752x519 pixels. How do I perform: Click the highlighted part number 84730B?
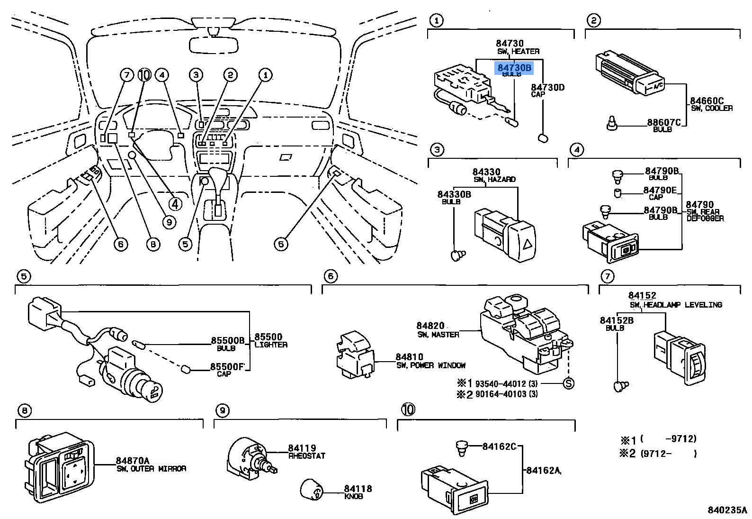(x=514, y=68)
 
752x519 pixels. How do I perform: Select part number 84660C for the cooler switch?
(x=707, y=100)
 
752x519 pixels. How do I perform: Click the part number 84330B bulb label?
(x=454, y=194)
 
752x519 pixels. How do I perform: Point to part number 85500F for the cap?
(x=227, y=366)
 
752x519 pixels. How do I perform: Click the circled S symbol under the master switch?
(x=568, y=383)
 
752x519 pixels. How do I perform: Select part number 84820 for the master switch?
(x=430, y=326)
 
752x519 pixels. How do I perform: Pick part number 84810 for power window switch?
(x=409, y=357)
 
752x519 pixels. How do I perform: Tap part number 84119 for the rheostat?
(x=302, y=448)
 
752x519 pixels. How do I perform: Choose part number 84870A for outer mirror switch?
(x=133, y=460)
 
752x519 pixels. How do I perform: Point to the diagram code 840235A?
(x=727, y=510)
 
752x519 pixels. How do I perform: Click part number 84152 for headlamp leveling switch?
(x=642, y=295)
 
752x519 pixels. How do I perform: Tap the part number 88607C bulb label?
(x=664, y=122)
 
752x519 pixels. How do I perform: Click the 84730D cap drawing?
(x=543, y=138)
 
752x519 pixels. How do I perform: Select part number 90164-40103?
(x=501, y=394)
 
